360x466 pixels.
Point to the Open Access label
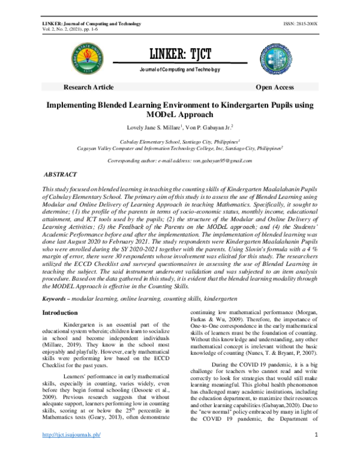[x=274, y=87]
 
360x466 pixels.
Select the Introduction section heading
[x=59, y=313]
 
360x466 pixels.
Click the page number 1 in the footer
[x=316, y=451]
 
